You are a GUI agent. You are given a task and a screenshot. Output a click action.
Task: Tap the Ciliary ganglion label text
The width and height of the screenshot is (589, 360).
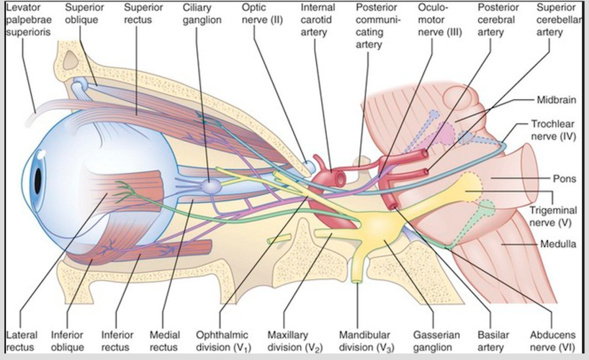pos(202,14)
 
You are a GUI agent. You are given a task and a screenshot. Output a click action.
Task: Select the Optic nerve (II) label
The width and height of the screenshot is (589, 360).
pos(263,14)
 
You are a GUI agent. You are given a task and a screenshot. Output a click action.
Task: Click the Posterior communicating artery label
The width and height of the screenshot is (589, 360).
pos(372,26)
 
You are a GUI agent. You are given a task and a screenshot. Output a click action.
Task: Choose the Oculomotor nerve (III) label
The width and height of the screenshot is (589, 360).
pos(439,20)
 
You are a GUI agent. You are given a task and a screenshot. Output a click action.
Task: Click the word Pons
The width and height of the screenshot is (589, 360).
pos(565,179)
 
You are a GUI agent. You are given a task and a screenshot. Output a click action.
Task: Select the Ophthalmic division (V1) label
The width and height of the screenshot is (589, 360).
pos(222,341)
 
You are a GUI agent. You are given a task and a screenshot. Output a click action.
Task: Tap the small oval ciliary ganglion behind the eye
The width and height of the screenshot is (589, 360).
pos(210,186)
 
